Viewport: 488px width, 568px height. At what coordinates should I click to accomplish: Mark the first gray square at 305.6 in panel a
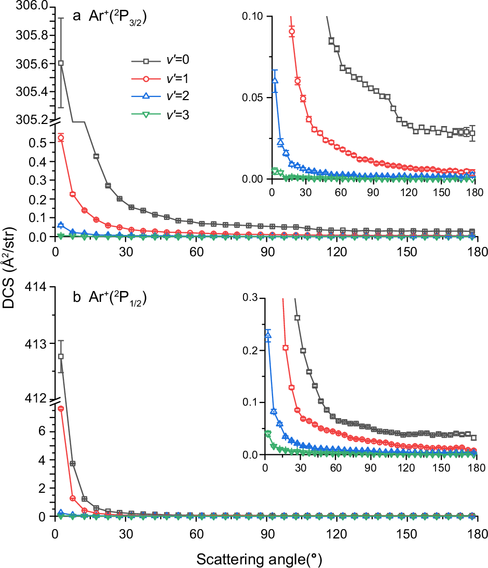click(x=61, y=63)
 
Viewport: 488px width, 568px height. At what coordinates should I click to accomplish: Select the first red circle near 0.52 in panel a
click(x=61, y=137)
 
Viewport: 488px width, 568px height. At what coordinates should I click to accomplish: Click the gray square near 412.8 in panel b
click(x=61, y=356)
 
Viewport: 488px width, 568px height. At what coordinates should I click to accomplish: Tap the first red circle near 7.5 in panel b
click(x=61, y=409)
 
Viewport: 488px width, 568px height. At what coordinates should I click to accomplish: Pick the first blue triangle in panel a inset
click(x=275, y=80)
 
